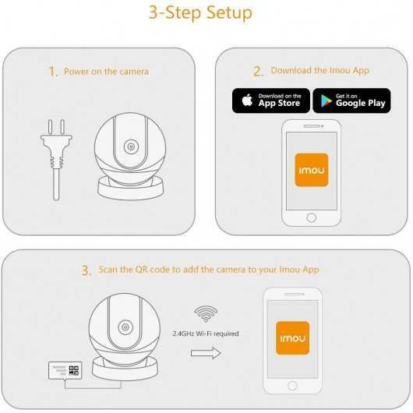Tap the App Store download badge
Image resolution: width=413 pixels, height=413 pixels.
click(270, 101)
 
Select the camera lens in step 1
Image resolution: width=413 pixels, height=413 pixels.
click(129, 147)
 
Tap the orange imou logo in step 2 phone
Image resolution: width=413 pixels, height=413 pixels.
click(311, 169)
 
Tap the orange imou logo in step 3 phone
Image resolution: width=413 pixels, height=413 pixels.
click(292, 337)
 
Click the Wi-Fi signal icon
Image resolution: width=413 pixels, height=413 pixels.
click(206, 313)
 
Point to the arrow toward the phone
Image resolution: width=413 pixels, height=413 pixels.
click(206, 352)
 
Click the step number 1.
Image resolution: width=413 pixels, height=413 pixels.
click(53, 72)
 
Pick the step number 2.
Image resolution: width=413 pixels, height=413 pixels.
click(258, 71)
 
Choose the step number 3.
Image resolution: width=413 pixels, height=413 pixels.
click(86, 271)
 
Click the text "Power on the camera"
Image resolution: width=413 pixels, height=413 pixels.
click(106, 72)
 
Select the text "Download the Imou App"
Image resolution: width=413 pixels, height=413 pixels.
click(319, 71)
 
